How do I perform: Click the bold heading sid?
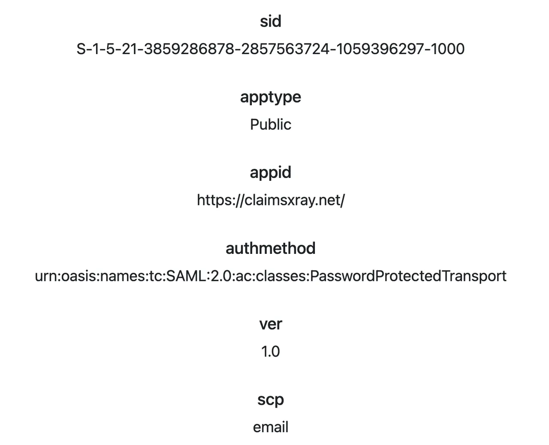tap(270, 21)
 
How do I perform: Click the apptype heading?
tap(270, 98)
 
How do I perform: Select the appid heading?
tap(270, 172)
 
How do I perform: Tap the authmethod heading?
tap(270, 248)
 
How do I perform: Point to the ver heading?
tap(271, 324)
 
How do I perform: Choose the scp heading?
tap(271, 400)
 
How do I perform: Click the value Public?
tap(271, 125)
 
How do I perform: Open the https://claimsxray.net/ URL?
tap(271, 200)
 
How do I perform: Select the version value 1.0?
tap(270, 351)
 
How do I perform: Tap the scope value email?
tap(271, 427)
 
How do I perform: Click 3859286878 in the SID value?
tap(189, 49)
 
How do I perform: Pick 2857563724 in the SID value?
tap(285, 49)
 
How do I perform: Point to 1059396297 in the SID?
tap(380, 49)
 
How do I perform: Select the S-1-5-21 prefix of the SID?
tap(107, 49)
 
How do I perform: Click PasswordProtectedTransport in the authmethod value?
tap(408, 276)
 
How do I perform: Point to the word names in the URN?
tap(123, 276)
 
